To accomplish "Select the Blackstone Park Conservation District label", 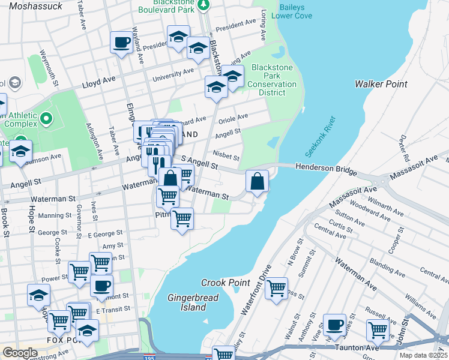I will point(272,80).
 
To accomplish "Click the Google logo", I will point(20,352).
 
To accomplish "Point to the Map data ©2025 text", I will point(423,355).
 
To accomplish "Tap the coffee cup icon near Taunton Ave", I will point(334,325).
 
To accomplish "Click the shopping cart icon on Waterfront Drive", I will point(276,288).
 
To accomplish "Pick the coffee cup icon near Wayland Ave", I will point(121,42).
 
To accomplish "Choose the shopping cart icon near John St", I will point(378,329).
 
